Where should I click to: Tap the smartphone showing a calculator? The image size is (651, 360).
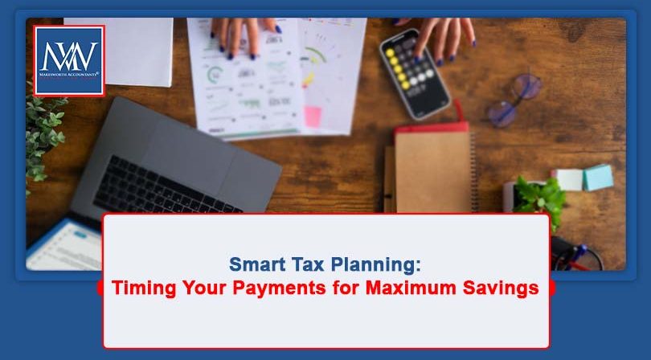[x=414, y=72]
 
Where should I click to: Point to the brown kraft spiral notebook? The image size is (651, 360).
[x=431, y=169]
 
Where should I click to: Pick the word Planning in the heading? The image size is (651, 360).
[x=370, y=264]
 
